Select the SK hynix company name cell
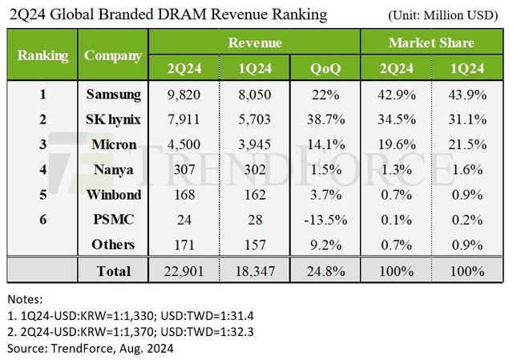[x=113, y=119]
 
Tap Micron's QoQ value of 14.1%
[x=325, y=145]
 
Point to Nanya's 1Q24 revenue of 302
[x=254, y=170]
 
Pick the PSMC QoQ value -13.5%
[x=325, y=220]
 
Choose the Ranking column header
[x=42, y=56]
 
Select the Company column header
[x=113, y=56]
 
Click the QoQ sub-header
[x=325, y=69]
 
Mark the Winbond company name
[x=113, y=195]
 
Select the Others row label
[x=113, y=245]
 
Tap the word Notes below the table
[x=26, y=298]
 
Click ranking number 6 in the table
[x=42, y=220]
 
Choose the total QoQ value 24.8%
[x=325, y=271]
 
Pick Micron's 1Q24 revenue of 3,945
[x=254, y=145]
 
